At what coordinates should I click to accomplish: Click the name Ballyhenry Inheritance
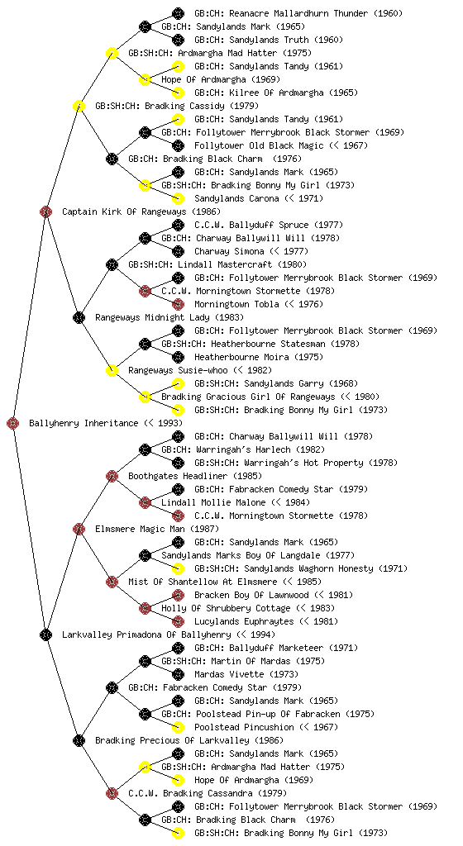(x=84, y=424)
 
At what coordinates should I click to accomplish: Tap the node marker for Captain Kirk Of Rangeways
(x=45, y=211)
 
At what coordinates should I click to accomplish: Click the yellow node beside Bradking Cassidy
(x=79, y=106)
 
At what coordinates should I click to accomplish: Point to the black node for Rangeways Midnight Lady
(x=79, y=317)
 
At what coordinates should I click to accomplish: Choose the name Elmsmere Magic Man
(x=140, y=530)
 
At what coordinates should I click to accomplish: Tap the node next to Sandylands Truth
(x=178, y=40)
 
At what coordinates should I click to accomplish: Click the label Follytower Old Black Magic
(x=259, y=145)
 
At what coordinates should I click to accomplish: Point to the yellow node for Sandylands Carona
(x=178, y=198)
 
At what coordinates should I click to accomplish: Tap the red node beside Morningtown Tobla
(x=178, y=304)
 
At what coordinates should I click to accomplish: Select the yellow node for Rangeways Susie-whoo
(x=112, y=370)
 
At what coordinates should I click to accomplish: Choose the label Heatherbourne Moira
(x=241, y=357)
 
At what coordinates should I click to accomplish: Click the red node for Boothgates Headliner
(x=112, y=476)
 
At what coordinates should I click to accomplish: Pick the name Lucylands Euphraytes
(x=244, y=621)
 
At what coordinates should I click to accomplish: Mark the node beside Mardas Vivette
(x=178, y=674)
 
